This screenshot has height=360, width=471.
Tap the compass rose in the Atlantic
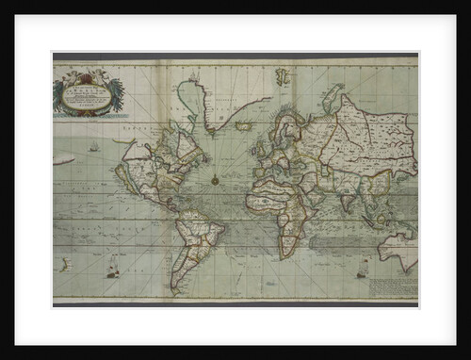[215, 178]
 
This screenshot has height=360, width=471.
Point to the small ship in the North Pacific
[93, 147]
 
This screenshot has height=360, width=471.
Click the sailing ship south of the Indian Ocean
[362, 270]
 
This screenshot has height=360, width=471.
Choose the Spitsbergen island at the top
[281, 76]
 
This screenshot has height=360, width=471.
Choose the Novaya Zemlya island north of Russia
[330, 94]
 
